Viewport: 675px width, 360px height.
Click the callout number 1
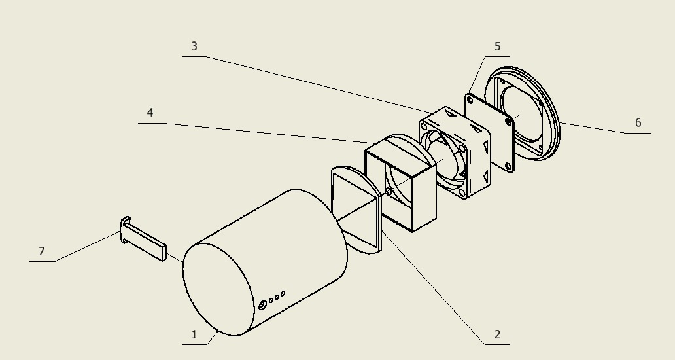click(194, 334)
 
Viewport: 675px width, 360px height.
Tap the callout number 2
click(498, 334)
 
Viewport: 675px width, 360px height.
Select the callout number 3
click(194, 46)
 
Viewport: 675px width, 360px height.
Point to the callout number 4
click(150, 113)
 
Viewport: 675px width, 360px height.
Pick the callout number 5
click(498, 46)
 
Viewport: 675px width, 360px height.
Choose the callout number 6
click(638, 123)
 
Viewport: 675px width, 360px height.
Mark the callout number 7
click(41, 251)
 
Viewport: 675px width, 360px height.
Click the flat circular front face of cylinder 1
click(218, 289)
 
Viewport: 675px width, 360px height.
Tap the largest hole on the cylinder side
click(262, 305)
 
